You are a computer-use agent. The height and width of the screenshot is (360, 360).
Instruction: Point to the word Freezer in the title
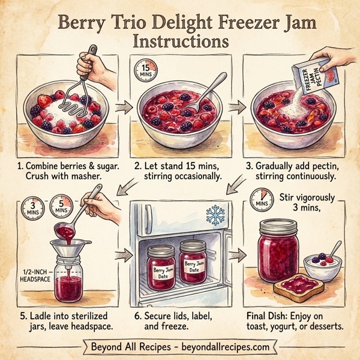[x=229, y=25]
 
